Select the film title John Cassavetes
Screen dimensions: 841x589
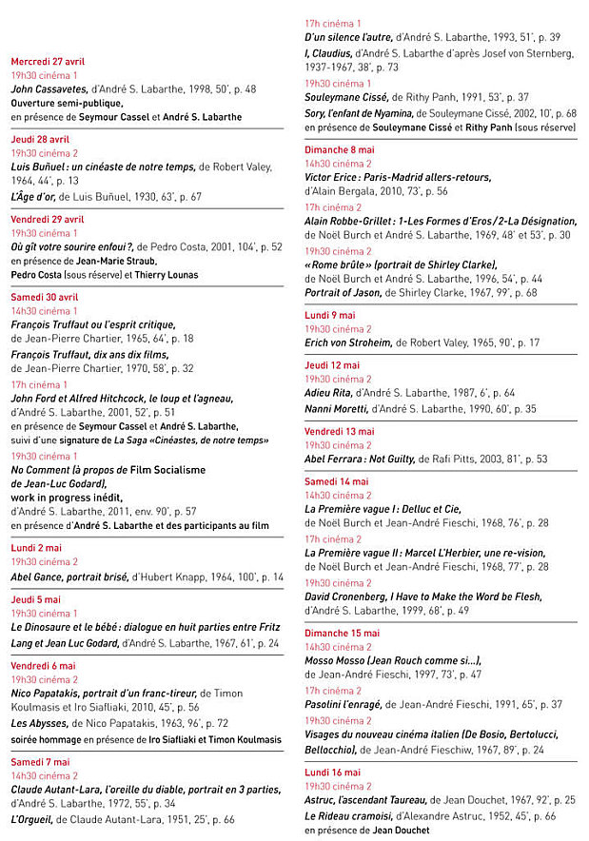49,88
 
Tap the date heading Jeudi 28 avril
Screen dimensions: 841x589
40,139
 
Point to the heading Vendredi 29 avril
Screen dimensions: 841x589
48,219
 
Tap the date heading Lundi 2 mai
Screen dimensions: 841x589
36,548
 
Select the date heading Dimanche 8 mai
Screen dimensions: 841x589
340,149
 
